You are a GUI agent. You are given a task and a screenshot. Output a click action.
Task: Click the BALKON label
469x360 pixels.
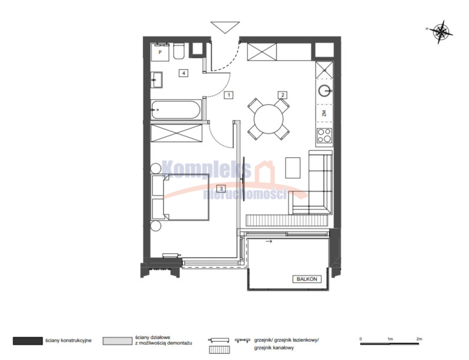coord(307,279)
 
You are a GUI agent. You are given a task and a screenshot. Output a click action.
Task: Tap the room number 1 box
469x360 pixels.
coord(229,95)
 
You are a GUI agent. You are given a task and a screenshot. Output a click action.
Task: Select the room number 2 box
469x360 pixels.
coord(282,95)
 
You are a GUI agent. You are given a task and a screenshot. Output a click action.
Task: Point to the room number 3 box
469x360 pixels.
coord(221,189)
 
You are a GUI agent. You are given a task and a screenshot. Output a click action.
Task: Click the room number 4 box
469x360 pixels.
coord(183,73)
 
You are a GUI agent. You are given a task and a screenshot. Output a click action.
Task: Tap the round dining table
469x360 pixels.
coord(269,119)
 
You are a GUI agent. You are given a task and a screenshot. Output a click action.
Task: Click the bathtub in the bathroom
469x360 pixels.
coord(176,110)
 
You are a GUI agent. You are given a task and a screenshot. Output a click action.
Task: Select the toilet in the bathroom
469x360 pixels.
coord(179,52)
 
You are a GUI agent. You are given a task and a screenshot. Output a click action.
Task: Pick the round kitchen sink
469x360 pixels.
coord(324,90)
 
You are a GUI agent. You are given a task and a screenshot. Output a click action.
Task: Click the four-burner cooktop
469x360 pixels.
coord(324,136)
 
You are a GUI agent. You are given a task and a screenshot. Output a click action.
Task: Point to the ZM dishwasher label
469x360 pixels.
coord(324,113)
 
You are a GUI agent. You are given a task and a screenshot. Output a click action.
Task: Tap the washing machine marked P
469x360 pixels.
coord(160,52)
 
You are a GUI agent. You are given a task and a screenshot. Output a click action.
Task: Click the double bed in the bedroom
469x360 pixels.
coord(180,197)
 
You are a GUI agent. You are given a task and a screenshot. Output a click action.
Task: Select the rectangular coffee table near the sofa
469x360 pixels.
coord(293,168)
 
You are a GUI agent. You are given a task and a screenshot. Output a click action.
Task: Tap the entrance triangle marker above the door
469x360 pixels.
coord(225,27)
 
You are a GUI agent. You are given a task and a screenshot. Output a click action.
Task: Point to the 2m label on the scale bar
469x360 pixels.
coord(419,339)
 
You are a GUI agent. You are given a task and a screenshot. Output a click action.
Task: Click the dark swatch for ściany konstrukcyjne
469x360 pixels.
coord(28,341)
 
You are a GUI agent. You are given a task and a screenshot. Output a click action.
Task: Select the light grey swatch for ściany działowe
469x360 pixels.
coord(118,341)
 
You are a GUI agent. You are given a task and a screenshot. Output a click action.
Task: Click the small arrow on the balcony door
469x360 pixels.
coord(269,241)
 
